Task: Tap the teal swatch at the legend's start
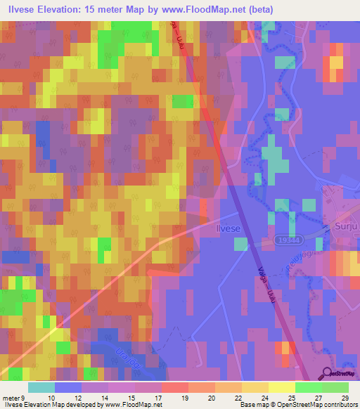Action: [x=41, y=387]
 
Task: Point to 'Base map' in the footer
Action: [x=252, y=405]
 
